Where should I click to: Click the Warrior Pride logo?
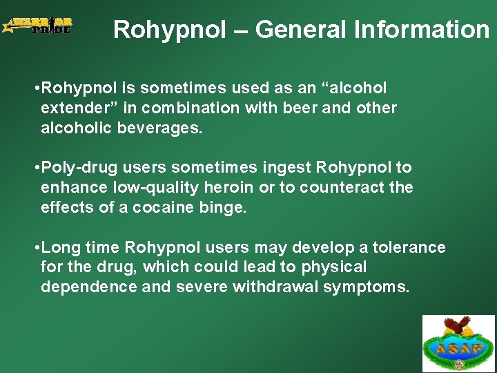pyautogui.click(x=37, y=26)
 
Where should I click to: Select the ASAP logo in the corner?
pyautogui.click(x=459, y=344)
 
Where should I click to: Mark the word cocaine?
pyautogui.click(x=163, y=207)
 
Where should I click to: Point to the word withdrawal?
pyautogui.click(x=275, y=287)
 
